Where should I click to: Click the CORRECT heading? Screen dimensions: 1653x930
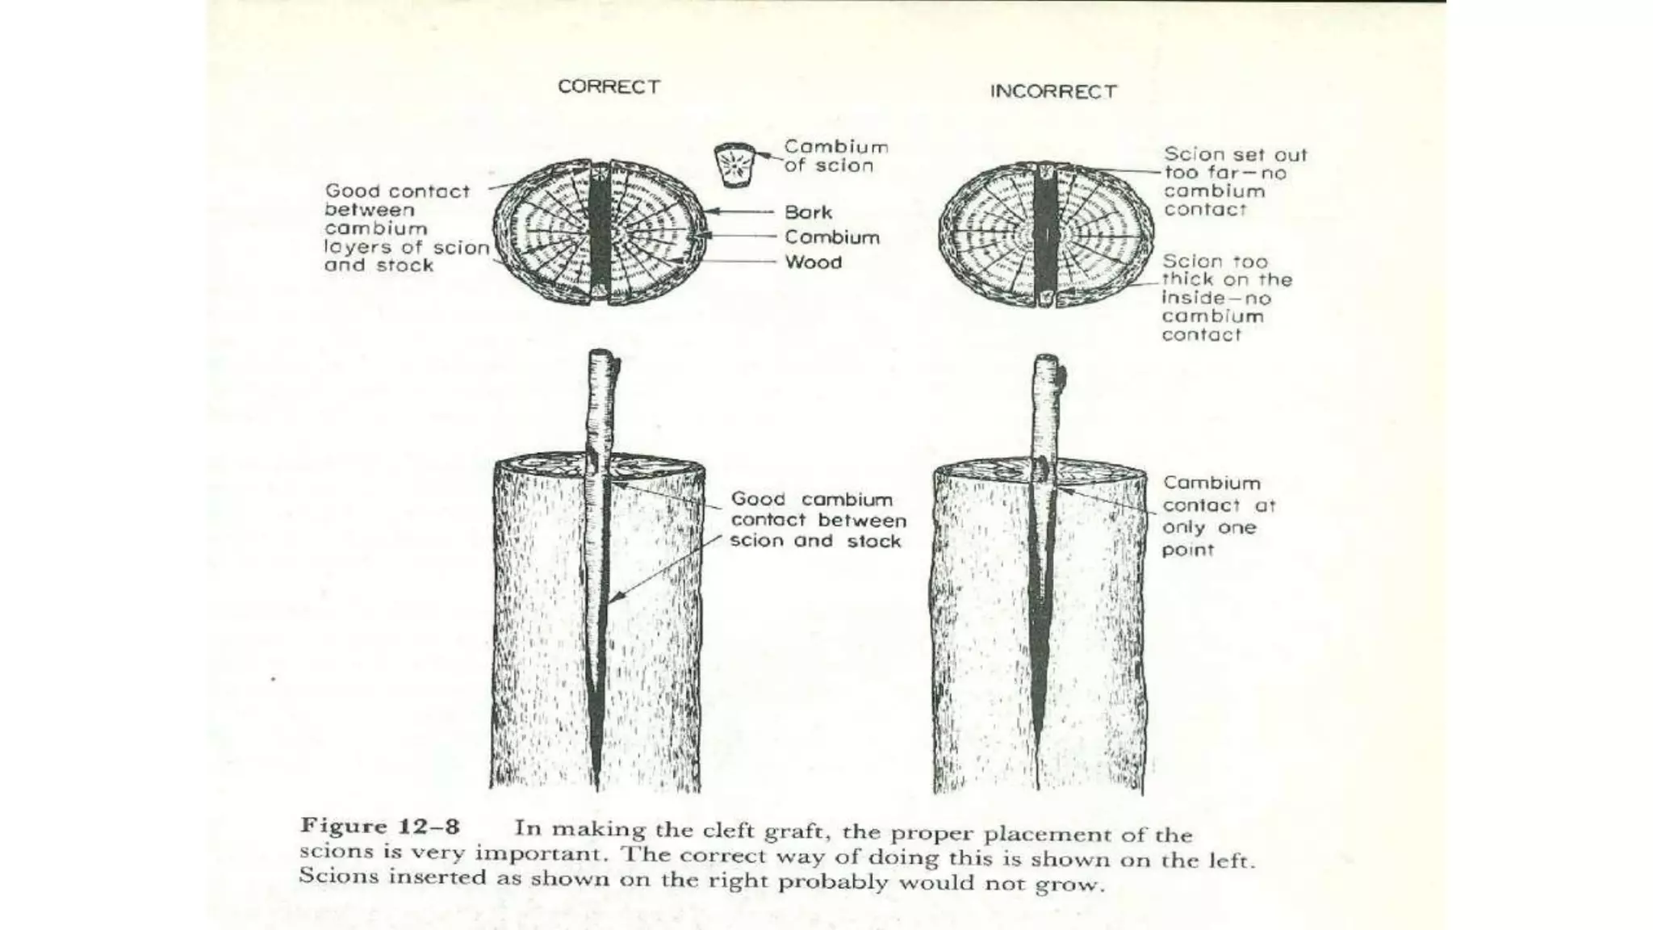(609, 86)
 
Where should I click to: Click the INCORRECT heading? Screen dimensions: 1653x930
(1053, 91)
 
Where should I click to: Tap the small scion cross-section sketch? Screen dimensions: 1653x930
(735, 165)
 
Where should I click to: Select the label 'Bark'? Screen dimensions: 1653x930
(808, 212)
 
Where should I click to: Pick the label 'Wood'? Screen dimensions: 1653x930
(813, 262)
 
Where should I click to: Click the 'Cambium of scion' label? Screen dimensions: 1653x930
(835, 156)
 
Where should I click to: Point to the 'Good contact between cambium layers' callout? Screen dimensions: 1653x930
(406, 228)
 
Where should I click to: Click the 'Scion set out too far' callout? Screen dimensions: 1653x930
(1234, 182)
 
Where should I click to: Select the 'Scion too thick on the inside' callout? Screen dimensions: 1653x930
(1226, 298)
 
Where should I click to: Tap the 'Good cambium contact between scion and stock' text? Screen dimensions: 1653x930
(818, 520)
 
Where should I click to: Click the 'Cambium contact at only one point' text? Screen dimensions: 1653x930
(1218, 516)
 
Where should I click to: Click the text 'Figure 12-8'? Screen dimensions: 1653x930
(379, 827)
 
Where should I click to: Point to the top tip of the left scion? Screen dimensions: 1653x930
(600, 354)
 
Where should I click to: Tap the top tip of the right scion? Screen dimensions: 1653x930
(1046, 358)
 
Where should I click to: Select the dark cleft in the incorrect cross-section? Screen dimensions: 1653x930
(1045, 234)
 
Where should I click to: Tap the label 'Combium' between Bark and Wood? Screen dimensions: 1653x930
(831, 237)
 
